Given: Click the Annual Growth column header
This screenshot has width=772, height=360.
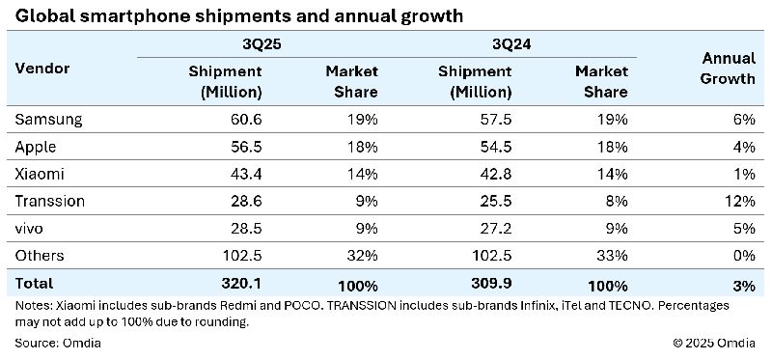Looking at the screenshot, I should pyautogui.click(x=728, y=69).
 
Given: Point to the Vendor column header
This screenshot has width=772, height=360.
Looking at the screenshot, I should pyautogui.click(x=42, y=69).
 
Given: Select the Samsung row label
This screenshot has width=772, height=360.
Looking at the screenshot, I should pyautogui.click(x=49, y=120).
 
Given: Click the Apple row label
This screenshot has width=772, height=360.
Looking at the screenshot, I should pyautogui.click(x=37, y=147).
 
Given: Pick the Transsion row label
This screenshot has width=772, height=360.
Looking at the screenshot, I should pyautogui.click(x=50, y=201).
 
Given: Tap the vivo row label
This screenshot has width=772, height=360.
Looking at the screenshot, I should pyautogui.click(x=32, y=229).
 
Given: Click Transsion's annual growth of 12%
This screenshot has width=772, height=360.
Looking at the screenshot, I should pyautogui.click(x=739, y=201).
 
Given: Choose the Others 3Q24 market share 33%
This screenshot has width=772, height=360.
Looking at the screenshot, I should pyautogui.click(x=612, y=256).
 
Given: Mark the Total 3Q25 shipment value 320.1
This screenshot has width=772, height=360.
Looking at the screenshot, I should pyautogui.click(x=240, y=284).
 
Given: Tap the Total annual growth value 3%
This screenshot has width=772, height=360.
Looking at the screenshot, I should pyautogui.click(x=743, y=284).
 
